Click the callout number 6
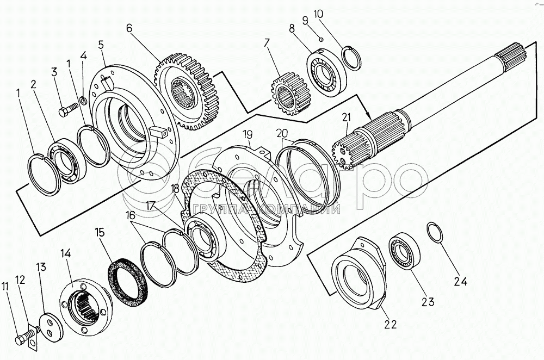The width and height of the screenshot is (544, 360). click(x=129, y=28)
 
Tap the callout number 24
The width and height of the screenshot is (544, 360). click(x=461, y=281)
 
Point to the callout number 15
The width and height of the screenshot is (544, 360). click(x=100, y=232)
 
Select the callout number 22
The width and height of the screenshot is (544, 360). click(x=390, y=324)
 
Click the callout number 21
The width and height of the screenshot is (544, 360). click(x=346, y=117)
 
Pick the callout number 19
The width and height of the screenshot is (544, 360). click(x=248, y=134)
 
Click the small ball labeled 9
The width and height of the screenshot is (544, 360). click(x=322, y=39)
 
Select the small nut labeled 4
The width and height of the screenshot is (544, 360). click(x=83, y=101)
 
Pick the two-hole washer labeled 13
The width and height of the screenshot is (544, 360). click(x=51, y=328)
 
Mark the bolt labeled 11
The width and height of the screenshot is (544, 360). click(x=26, y=338)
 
